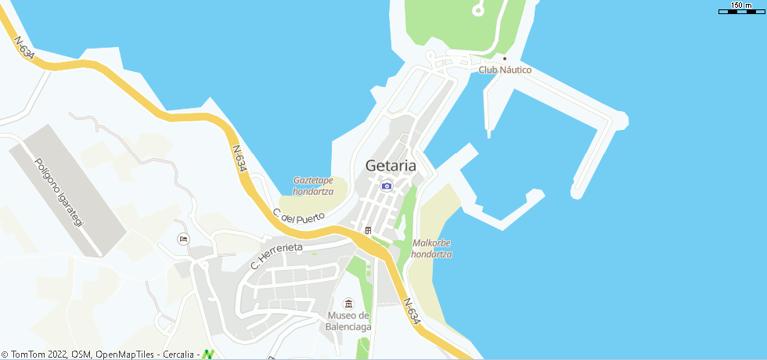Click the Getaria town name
[390, 166]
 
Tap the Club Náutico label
[505, 70]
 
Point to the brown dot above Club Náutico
[505, 58]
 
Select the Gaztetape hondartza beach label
[313, 185]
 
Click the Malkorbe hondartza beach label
[431, 248]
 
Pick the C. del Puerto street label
[298, 217]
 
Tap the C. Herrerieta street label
[276, 255]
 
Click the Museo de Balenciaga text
[349, 321]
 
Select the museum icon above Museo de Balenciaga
[349, 304]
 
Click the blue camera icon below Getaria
[387, 185]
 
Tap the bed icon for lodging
[183, 239]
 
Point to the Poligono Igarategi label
[59, 193]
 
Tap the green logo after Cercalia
[208, 355]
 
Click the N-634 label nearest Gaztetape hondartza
[239, 158]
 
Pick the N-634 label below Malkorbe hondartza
[412, 311]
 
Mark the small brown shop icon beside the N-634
[368, 230]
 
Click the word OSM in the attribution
[81, 355]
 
